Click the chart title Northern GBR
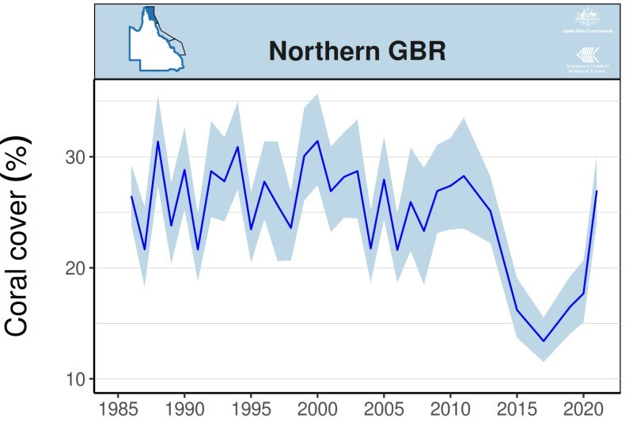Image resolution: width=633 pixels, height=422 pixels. (358, 51)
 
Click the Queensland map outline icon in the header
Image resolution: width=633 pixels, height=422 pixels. (157, 40)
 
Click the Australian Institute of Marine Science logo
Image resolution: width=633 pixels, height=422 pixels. (587, 60)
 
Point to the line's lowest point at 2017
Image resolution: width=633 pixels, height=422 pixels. (544, 341)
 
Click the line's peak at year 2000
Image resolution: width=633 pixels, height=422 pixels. (317, 141)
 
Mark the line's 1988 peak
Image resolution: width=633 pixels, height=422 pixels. (158, 142)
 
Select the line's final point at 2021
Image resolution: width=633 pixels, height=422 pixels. (597, 191)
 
